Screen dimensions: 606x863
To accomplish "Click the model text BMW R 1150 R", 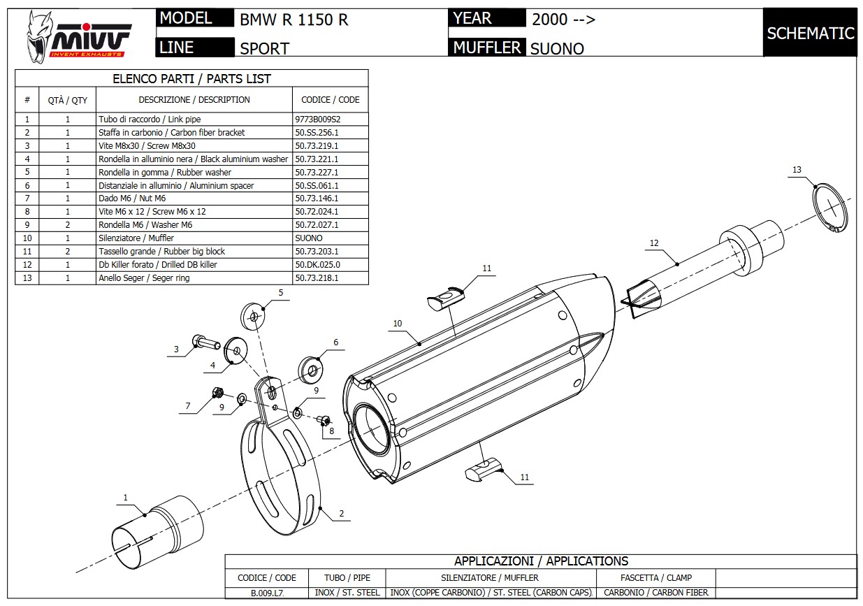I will click(x=293, y=20).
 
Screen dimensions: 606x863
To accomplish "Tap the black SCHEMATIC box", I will click(x=810, y=33).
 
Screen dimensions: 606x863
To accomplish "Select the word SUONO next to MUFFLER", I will click(x=557, y=49).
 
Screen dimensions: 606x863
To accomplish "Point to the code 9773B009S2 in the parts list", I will click(x=317, y=120).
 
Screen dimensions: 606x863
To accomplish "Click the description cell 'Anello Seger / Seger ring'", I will click(x=143, y=278).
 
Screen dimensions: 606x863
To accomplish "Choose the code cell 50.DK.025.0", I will click(x=317, y=265).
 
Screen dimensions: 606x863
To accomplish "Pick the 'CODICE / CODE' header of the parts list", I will click(x=330, y=100).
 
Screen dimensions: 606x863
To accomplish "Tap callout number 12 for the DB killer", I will click(x=654, y=243).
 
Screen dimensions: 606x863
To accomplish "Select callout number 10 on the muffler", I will click(x=398, y=324).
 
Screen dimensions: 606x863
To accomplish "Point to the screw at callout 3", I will click(x=206, y=343).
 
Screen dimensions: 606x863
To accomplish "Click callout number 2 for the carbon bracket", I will click(x=342, y=514).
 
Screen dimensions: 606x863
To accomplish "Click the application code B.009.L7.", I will click(x=267, y=593).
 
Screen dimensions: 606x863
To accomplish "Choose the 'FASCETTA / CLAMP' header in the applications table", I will click(x=655, y=578).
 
